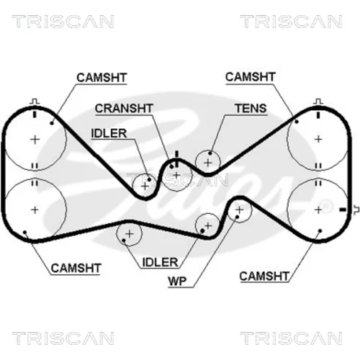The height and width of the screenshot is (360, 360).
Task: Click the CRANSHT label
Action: tap(124, 109)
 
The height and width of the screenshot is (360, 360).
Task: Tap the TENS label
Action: tap(251, 109)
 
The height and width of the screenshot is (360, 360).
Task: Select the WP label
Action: tap(177, 281)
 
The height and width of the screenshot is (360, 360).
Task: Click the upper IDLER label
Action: tap(109, 133)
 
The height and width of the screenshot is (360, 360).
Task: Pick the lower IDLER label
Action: tap(160, 262)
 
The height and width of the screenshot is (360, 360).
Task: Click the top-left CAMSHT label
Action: tap(102, 78)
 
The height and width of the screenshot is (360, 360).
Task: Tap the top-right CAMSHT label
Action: tap(250, 77)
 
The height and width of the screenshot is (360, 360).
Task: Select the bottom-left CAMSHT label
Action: tap(76, 268)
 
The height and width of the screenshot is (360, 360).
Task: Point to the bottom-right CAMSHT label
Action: tap(264, 276)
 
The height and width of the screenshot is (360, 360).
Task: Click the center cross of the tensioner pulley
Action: tap(208, 163)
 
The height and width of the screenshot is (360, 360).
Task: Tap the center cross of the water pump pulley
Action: tap(239, 210)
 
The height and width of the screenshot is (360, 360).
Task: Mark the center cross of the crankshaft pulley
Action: tap(176, 175)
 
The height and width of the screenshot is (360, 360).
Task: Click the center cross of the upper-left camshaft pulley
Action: tap(35, 140)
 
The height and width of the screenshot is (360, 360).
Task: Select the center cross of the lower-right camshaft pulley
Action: tap(318, 210)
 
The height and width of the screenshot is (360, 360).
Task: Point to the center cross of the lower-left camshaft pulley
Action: tap(35, 210)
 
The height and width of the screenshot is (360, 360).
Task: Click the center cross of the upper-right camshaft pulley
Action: tap(318, 139)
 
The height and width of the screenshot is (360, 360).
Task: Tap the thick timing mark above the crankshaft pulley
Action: tap(177, 159)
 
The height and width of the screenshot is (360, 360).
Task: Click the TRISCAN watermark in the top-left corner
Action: tap(63, 22)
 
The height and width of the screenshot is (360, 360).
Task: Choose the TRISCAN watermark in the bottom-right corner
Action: tap(291, 338)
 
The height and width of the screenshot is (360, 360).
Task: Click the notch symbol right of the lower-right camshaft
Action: tap(356, 210)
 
